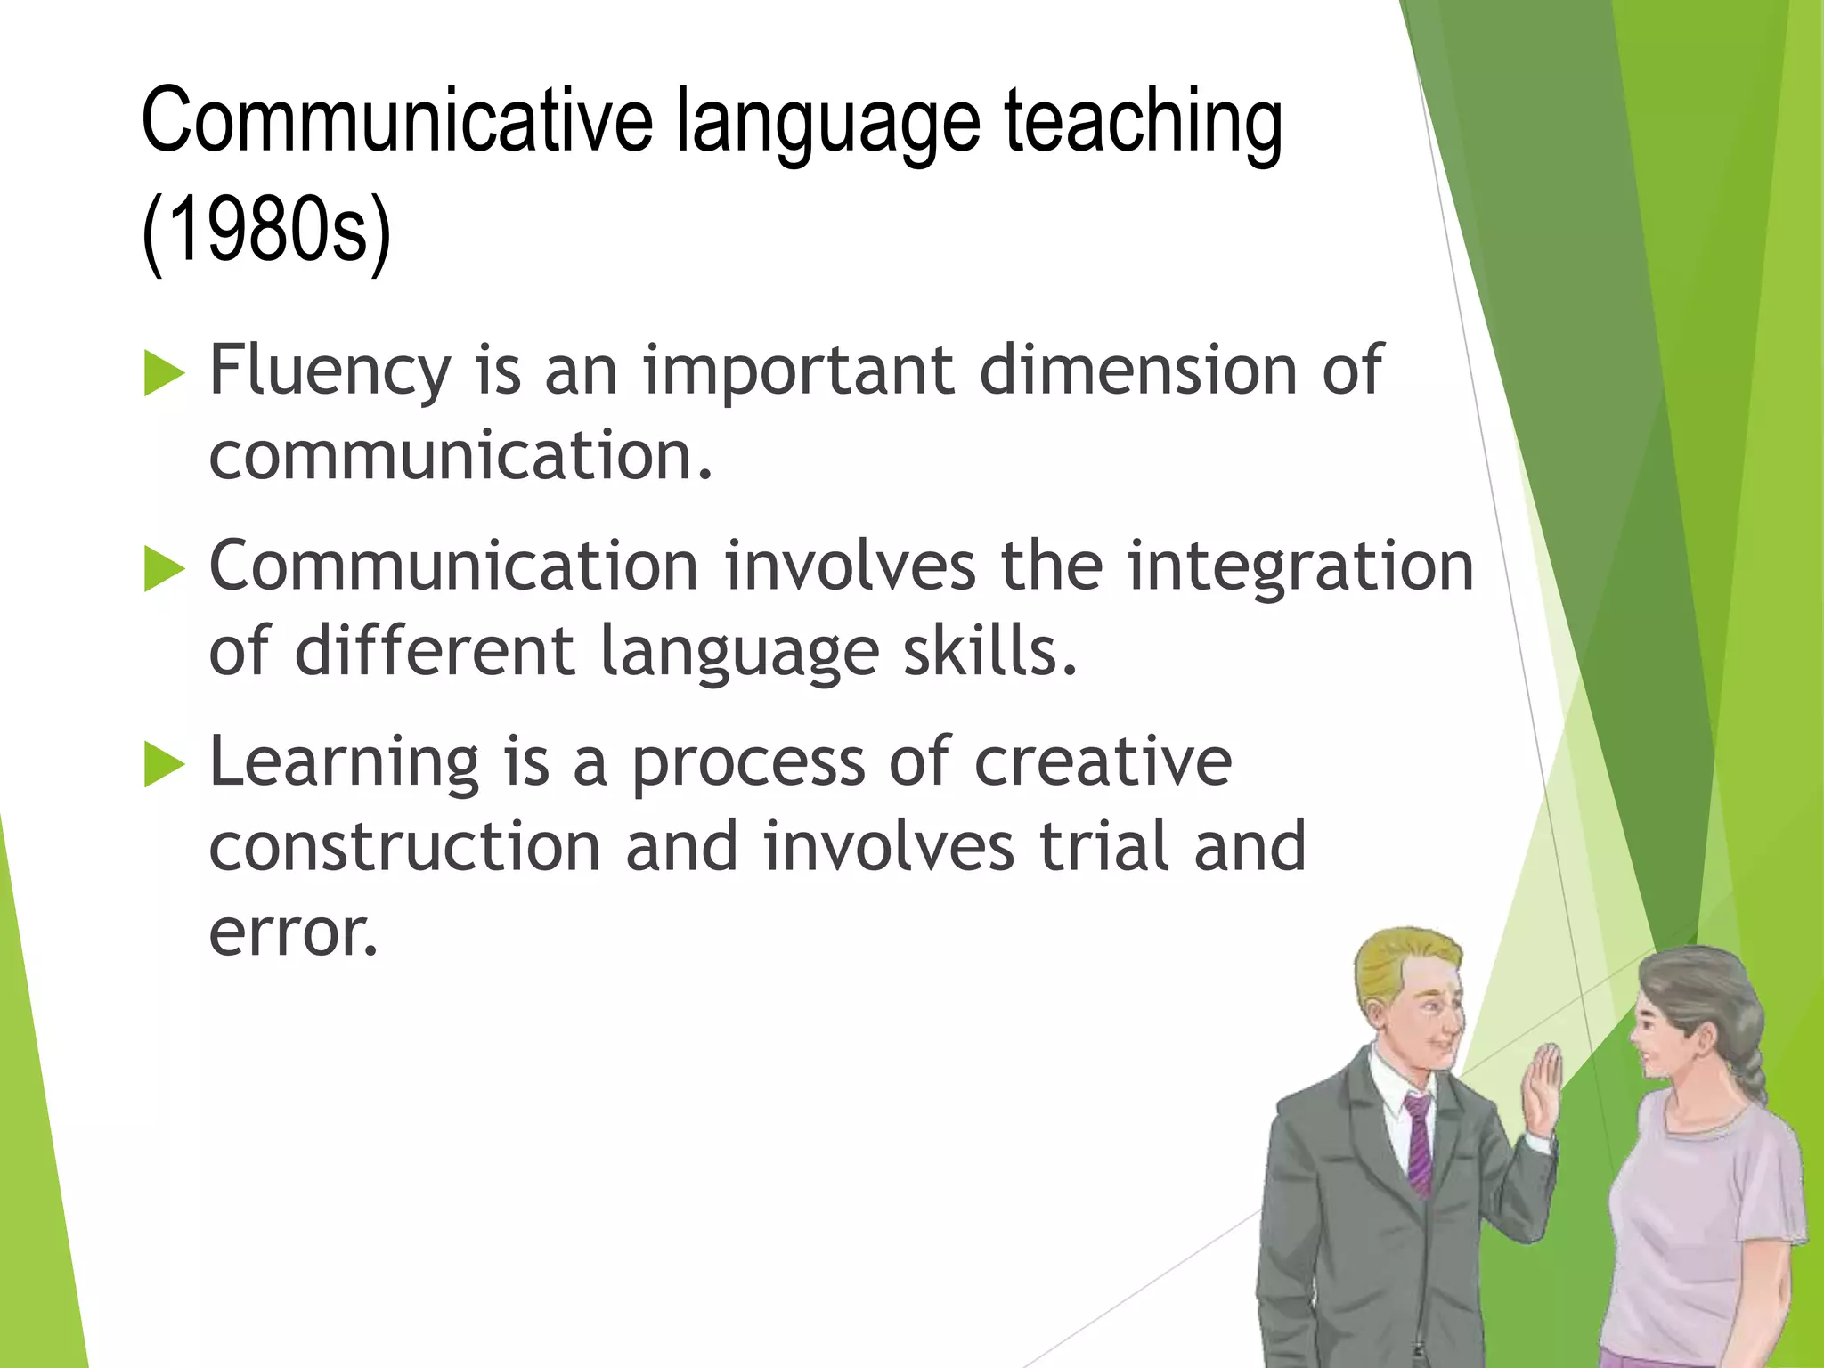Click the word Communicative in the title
tap(396, 121)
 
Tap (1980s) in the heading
tap(266, 230)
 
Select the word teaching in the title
tap(1143, 121)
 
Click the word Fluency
tap(330, 370)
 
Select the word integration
tap(1299, 566)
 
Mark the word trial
tap(1104, 846)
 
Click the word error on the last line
tap(294, 933)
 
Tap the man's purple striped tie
tap(1419, 1149)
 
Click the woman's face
tap(1664, 1033)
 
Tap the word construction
tap(405, 846)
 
